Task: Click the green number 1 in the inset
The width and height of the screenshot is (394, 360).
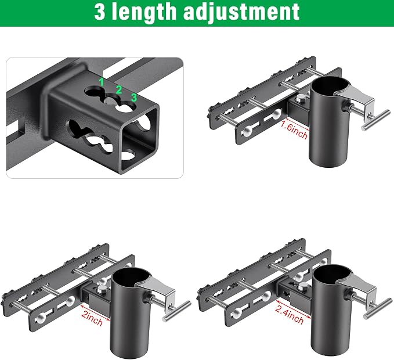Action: (x=102, y=82)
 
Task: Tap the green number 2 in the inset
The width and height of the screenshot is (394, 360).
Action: (x=118, y=90)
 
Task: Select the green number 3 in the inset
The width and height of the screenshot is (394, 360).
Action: (x=133, y=98)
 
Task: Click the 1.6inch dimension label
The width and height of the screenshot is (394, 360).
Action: (x=294, y=129)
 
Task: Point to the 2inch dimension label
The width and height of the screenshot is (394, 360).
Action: (x=92, y=317)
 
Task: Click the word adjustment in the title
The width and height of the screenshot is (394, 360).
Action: (x=241, y=12)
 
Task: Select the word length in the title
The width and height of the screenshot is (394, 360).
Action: (x=144, y=12)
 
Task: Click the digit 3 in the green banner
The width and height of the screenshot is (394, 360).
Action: (x=100, y=12)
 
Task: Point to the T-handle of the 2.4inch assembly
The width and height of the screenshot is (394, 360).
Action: (x=379, y=308)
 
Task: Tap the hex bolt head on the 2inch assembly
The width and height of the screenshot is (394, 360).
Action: (x=102, y=289)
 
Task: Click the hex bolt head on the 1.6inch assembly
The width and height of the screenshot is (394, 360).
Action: (x=301, y=99)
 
